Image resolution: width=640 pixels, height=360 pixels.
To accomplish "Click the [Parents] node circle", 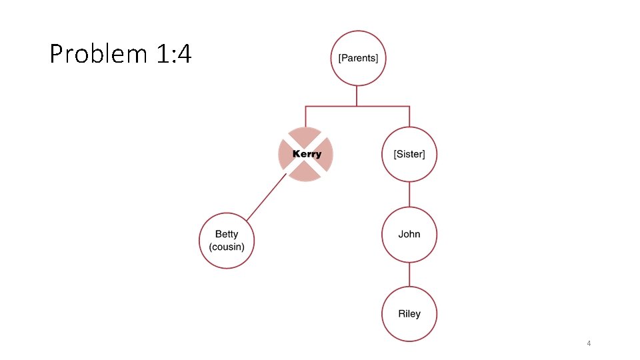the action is click(359, 58).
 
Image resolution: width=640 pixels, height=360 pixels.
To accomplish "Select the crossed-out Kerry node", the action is click(305, 154).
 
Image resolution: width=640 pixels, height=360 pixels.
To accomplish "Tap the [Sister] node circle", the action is click(409, 154).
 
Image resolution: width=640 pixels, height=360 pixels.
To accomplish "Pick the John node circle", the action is click(409, 234).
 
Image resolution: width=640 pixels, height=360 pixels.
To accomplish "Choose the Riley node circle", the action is click(409, 314).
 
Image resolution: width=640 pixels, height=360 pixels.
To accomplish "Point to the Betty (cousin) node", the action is click(227, 241).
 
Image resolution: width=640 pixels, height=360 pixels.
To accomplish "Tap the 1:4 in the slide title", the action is click(174, 53).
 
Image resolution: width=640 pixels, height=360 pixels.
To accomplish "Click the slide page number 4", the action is click(589, 343).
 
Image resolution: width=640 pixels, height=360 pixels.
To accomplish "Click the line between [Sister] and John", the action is click(409, 194).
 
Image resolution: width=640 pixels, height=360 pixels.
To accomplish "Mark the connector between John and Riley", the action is click(409, 274).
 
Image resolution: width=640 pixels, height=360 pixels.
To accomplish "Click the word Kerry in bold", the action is click(307, 154).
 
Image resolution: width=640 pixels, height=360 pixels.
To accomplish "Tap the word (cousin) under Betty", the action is click(227, 247).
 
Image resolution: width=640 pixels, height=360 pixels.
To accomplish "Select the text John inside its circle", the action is click(409, 234).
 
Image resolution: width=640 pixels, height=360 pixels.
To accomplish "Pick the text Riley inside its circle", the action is click(409, 314).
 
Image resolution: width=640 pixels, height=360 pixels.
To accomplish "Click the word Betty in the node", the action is click(227, 234).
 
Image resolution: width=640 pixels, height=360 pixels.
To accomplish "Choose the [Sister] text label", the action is click(409, 154).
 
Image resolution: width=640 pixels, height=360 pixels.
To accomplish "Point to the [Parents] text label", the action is click(359, 58).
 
